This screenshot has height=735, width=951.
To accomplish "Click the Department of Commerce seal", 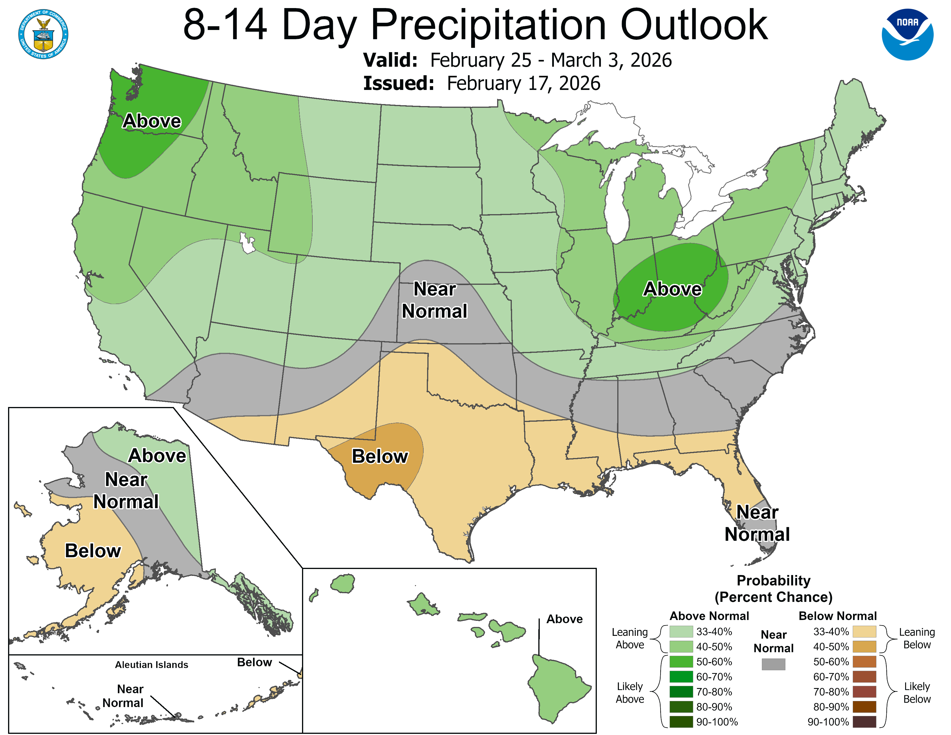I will tap(43, 34).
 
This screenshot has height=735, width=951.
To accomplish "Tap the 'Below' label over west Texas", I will tap(380, 456).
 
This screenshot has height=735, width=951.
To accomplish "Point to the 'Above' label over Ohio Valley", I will tap(672, 289).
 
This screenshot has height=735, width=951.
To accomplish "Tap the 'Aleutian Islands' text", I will tap(152, 664).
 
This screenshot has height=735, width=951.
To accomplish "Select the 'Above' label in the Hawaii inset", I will tap(564, 619).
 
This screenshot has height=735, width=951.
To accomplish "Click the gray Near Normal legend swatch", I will tap(773, 664).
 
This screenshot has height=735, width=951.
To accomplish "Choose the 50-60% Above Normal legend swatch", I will tap(681, 662).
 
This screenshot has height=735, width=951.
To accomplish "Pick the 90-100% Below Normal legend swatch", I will tap(864, 722).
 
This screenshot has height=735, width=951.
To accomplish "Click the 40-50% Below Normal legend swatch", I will tap(864, 647).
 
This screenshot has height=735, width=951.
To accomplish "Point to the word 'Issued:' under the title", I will tap(399, 83).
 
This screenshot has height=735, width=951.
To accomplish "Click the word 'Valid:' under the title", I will tap(390, 60).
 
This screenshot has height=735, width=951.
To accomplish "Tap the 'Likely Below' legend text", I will tap(917, 692).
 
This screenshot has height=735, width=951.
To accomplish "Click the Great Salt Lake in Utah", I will tap(247, 243).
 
